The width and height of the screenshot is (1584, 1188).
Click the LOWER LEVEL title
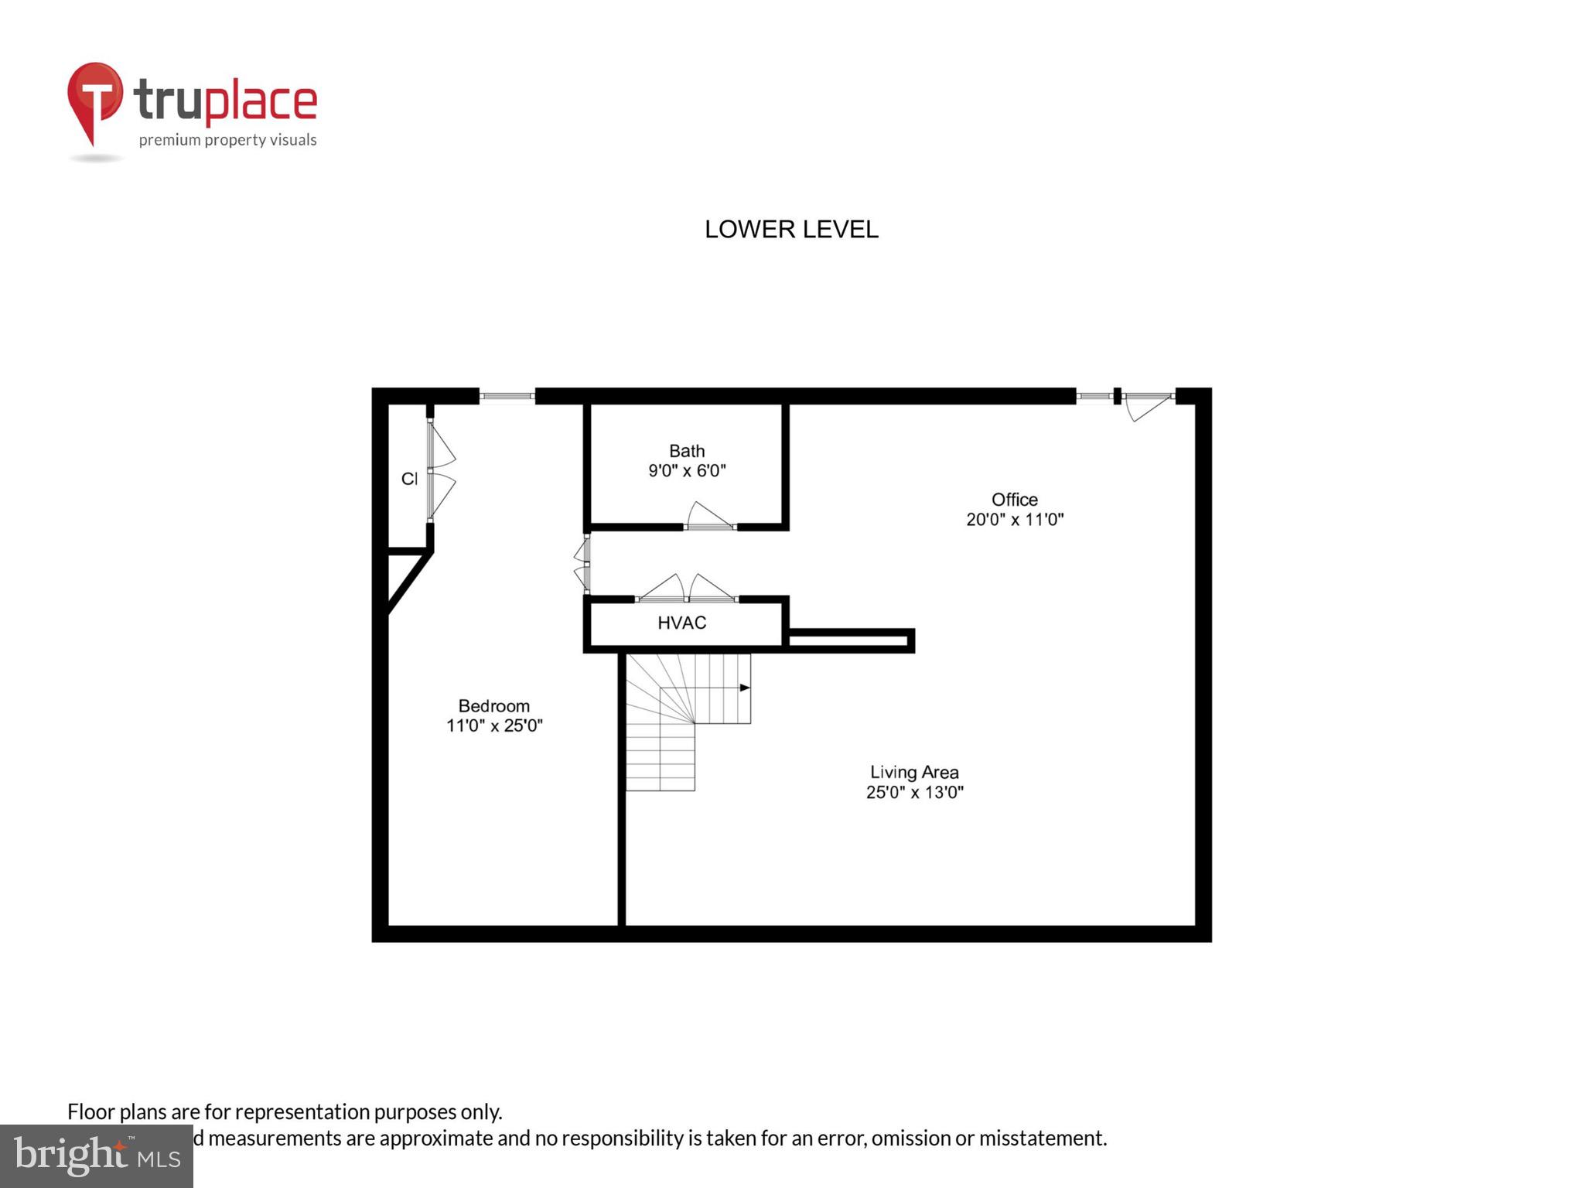click(791, 229)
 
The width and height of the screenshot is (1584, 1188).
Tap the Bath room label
click(687, 451)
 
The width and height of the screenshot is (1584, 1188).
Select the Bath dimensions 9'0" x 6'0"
click(687, 470)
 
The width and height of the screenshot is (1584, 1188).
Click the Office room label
click(1015, 500)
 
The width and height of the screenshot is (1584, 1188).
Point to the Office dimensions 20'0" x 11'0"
click(1015, 520)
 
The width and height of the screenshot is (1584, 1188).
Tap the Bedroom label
click(494, 705)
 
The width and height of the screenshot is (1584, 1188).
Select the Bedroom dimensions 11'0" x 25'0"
click(494, 725)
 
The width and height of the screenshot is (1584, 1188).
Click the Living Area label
click(914, 772)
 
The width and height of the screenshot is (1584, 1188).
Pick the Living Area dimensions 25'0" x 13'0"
click(914, 792)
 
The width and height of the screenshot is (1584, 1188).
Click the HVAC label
click(681, 623)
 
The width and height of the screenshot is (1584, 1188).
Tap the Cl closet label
click(409, 479)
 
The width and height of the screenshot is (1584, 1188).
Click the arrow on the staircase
click(744, 688)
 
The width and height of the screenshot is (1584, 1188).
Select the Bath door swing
click(709, 516)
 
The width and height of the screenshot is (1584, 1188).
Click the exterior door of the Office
click(1148, 404)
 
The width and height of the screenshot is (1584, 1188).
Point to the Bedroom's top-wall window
click(507, 396)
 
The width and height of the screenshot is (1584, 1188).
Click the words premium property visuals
click(227, 140)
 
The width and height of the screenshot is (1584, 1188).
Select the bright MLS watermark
click(97, 1156)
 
